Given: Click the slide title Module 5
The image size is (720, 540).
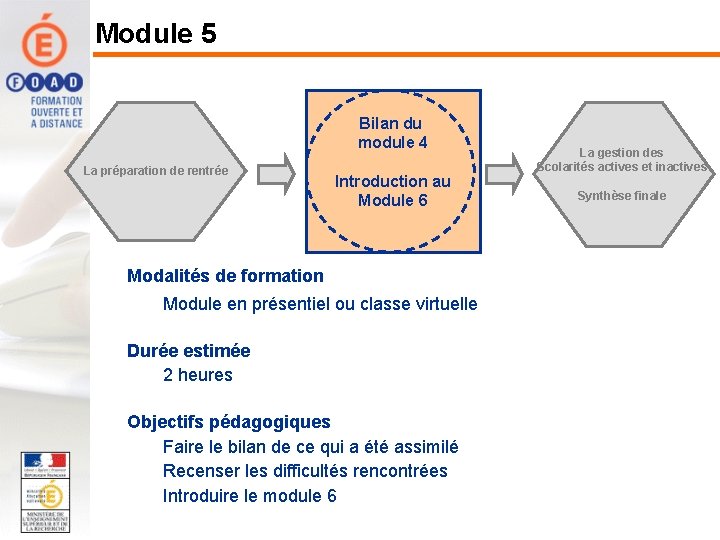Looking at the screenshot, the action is (x=155, y=33).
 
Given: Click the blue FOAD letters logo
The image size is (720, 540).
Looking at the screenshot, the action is (x=44, y=82).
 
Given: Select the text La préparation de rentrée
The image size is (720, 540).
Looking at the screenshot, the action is (x=155, y=171).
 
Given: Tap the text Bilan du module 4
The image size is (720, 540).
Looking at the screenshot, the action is (x=392, y=133).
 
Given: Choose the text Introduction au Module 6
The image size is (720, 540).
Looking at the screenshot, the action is (x=392, y=190).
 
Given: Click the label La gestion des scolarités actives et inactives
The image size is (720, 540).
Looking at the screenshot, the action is (x=621, y=160).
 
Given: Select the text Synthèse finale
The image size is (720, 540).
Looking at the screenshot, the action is (x=621, y=196).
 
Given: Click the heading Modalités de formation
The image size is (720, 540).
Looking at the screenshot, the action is (x=225, y=276).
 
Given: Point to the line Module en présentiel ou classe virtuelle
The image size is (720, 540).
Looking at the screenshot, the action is (x=320, y=304).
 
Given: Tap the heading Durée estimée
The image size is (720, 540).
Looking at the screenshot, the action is (x=188, y=351).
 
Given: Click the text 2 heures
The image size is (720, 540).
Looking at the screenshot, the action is (x=197, y=375).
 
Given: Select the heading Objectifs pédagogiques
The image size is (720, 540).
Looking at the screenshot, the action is (x=228, y=422).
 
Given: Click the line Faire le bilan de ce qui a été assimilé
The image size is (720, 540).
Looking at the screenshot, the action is (x=310, y=447).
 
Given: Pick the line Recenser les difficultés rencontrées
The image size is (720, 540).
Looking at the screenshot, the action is (x=305, y=471).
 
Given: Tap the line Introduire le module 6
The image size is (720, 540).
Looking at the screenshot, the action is (x=249, y=496).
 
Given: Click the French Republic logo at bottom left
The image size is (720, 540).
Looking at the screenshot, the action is (x=45, y=465).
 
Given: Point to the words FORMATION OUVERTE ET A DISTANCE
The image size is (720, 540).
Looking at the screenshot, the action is (x=56, y=112).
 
